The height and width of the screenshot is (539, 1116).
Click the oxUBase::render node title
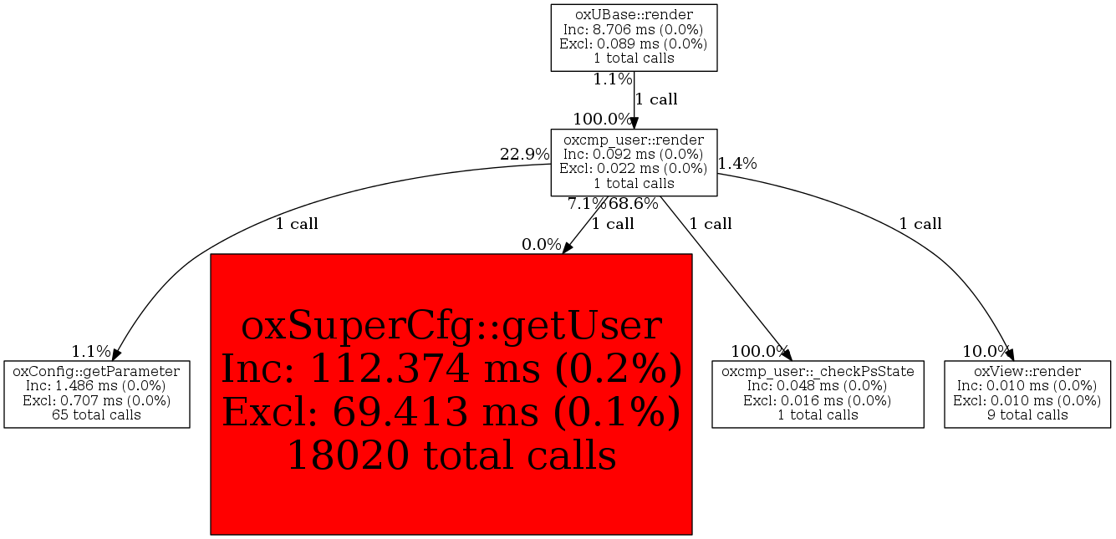634,14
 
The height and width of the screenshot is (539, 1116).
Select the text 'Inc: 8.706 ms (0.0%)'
634,29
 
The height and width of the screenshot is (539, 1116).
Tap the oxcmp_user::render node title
634,139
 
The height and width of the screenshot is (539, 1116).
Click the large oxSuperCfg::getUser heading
451,326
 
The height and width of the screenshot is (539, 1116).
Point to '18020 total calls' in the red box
451,455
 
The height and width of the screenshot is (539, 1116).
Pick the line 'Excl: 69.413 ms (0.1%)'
451,413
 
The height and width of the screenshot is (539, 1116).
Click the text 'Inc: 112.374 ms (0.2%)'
451,369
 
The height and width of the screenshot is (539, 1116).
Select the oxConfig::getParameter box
97,394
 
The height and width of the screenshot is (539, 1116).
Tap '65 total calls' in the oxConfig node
97,414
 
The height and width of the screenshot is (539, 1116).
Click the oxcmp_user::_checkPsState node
818,394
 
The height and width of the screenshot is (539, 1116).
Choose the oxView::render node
1027,394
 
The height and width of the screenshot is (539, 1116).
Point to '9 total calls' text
1027,414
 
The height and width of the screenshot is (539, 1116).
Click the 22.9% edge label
524,155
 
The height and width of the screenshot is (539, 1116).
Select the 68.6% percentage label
633,204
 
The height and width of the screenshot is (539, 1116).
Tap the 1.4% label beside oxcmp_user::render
737,164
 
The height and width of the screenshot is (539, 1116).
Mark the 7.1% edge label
587,204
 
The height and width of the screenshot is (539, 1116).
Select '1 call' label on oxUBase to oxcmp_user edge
656,99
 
